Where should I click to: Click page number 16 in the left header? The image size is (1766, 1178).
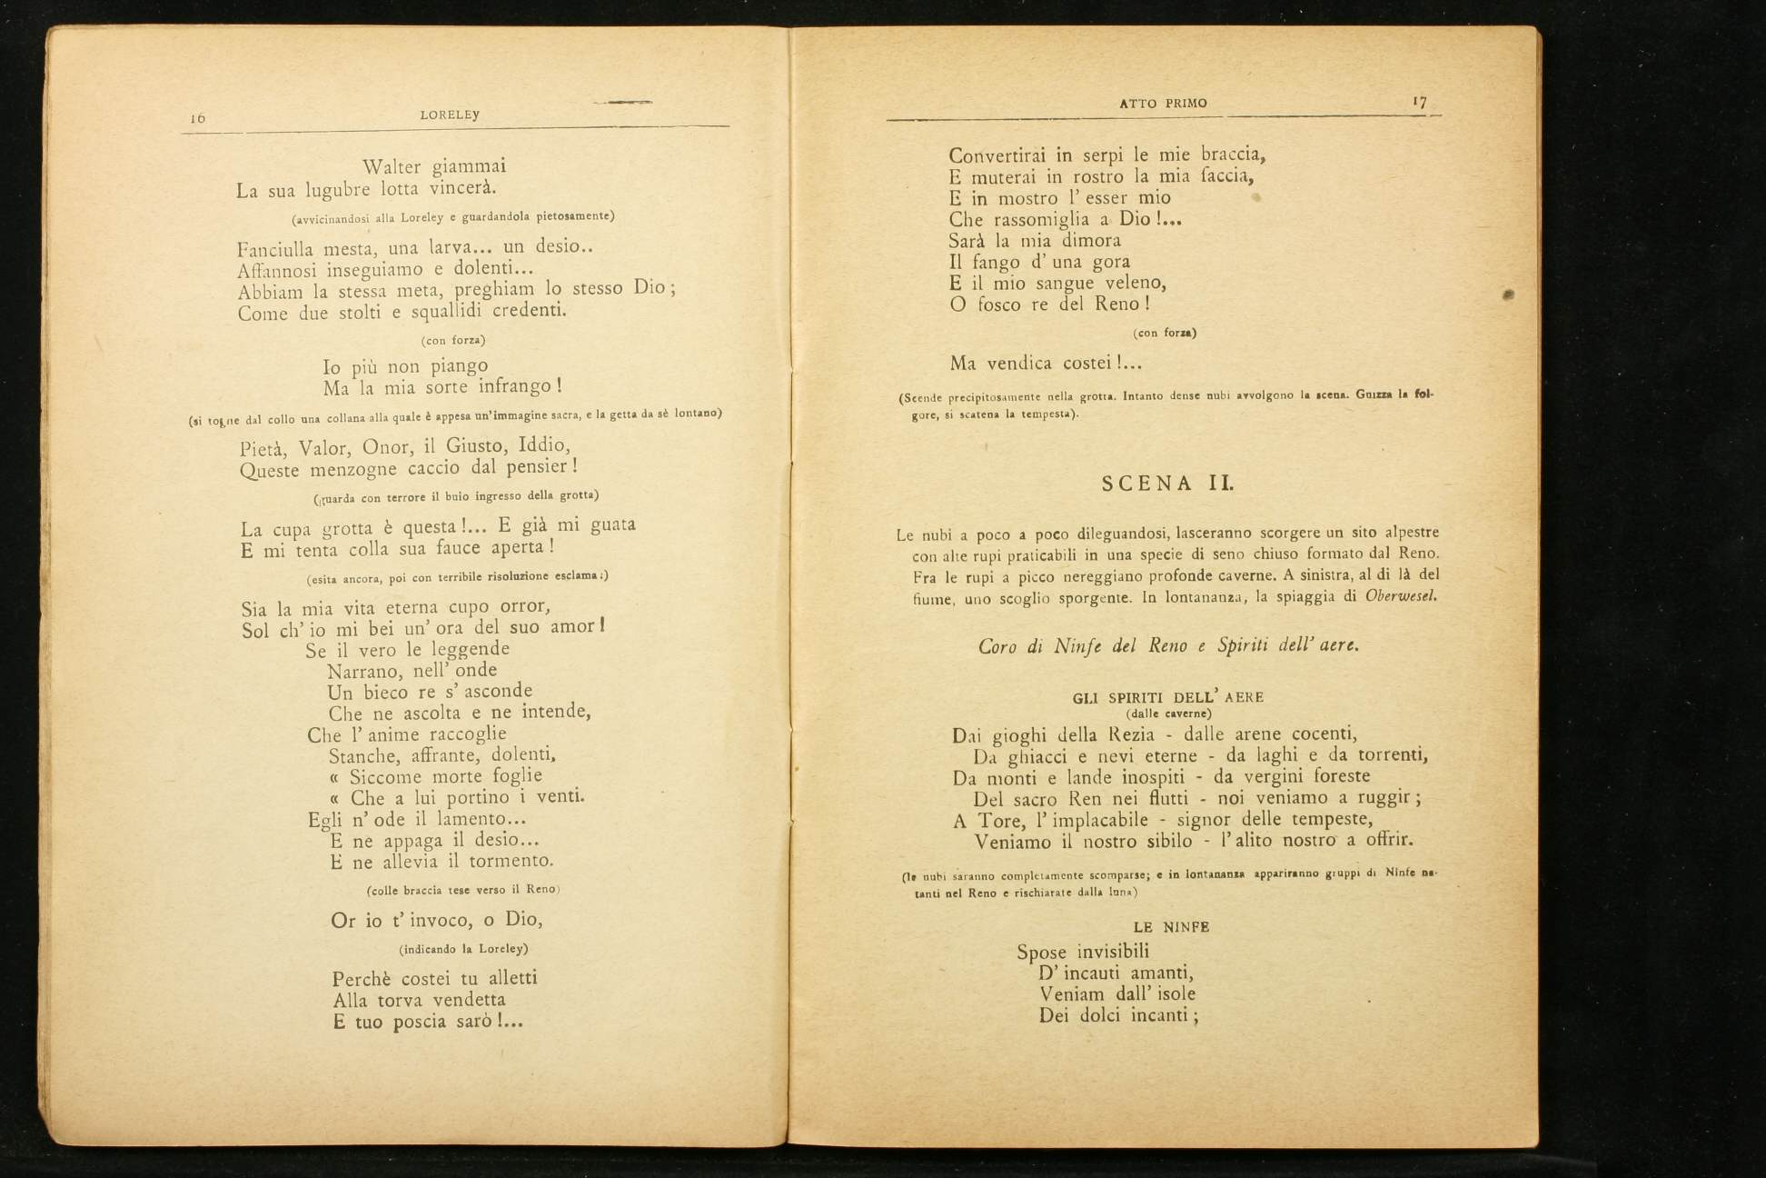tap(198, 118)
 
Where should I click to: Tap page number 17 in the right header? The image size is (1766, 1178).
tap(1419, 102)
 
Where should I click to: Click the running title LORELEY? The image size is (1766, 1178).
tap(450, 115)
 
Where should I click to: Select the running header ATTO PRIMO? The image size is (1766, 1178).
tap(1163, 104)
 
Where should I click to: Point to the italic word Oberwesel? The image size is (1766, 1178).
tap(1401, 597)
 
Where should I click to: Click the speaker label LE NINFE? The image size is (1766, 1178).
tap(1171, 927)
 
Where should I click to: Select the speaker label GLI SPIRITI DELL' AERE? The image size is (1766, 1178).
tap(1167, 698)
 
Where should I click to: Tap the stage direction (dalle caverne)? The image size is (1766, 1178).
tap(1167, 714)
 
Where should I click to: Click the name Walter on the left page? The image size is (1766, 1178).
tap(391, 167)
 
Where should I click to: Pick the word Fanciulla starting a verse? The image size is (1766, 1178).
tap(274, 249)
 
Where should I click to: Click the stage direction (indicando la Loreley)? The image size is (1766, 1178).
tap(463, 949)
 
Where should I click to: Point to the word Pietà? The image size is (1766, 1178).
tap(263, 448)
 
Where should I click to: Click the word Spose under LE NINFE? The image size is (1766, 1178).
tap(1043, 953)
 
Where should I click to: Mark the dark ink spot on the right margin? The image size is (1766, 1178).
tap(1508, 294)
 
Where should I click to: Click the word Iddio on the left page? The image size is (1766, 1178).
tap(543, 445)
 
